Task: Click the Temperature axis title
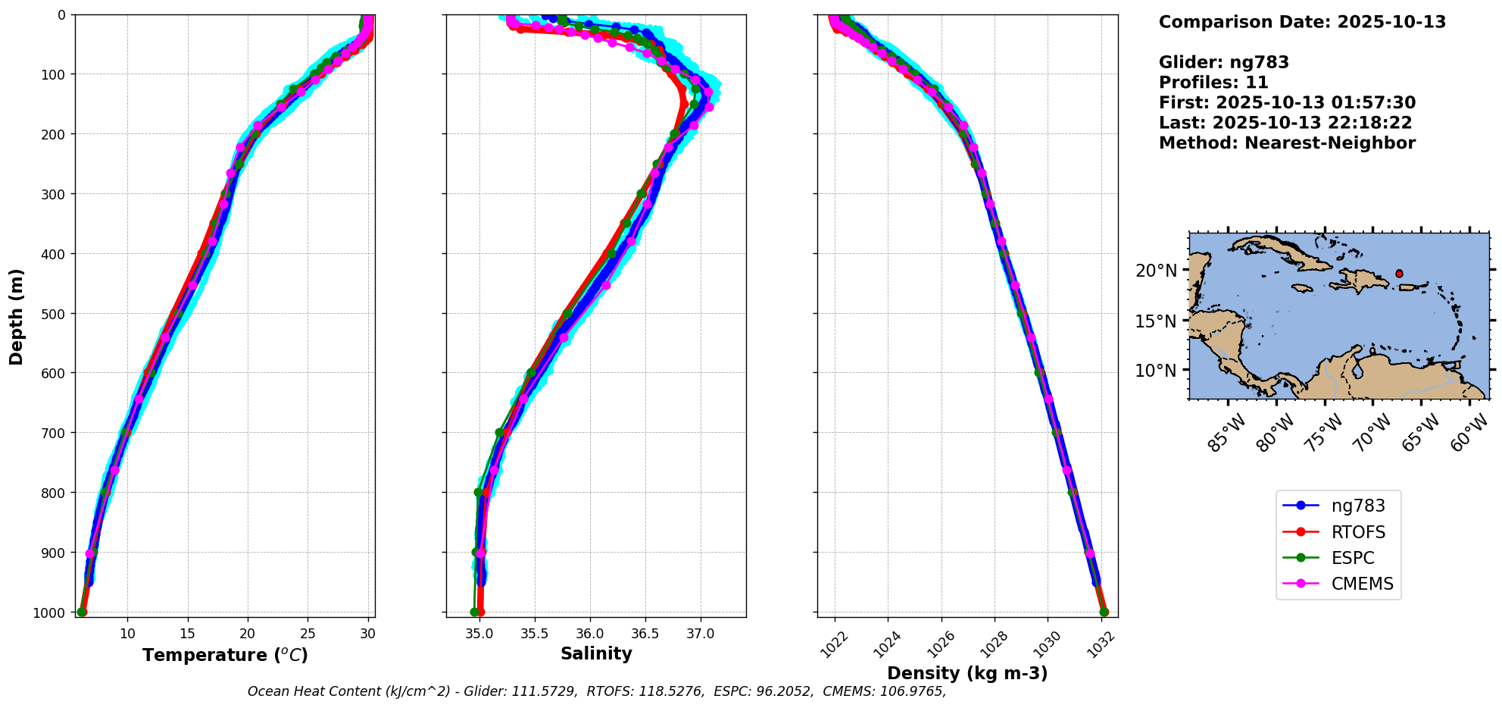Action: tap(225, 655)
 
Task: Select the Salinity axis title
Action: tap(596, 653)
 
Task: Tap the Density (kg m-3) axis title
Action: tap(967, 673)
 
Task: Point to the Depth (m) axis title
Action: tap(17, 316)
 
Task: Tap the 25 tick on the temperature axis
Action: tap(308, 633)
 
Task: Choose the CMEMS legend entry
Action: tap(1362, 584)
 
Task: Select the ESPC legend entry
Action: tap(1352, 558)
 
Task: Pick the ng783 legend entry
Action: tap(1358, 506)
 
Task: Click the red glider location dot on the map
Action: tap(1399, 274)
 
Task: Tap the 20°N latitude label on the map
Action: tap(1156, 271)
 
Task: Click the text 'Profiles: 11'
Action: tap(1213, 83)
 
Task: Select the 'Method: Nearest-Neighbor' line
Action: tap(1287, 143)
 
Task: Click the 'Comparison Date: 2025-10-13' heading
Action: tap(1302, 22)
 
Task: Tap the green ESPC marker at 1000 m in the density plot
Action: tap(1104, 612)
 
